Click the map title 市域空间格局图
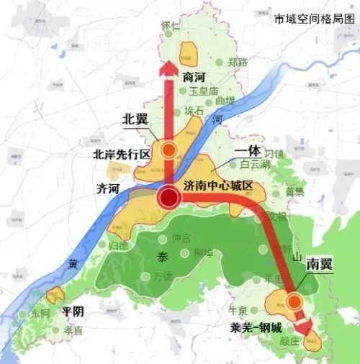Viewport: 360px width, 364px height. tap(314, 19)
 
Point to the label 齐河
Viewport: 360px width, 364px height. tap(108, 188)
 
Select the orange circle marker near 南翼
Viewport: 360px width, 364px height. tap(294, 303)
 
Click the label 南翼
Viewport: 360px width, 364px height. tap(318, 264)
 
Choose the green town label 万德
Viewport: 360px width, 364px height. tap(163, 276)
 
